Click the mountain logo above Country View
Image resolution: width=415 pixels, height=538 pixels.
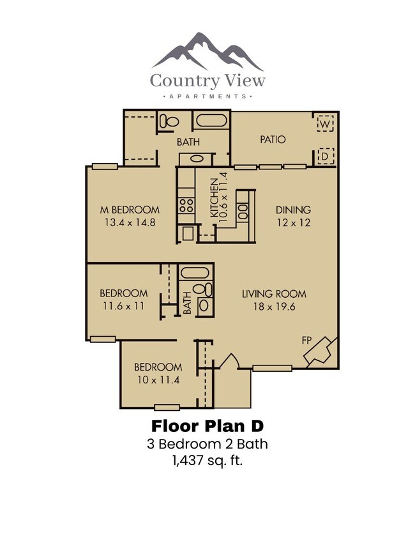click(x=207, y=52)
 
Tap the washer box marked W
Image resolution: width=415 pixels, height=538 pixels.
click(x=325, y=122)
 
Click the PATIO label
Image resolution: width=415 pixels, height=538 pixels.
click(x=273, y=139)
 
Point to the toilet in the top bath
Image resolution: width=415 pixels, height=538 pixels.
click(x=170, y=121)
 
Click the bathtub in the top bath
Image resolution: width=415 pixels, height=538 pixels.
click(x=211, y=121)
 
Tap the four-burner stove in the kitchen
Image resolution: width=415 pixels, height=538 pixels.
click(x=186, y=206)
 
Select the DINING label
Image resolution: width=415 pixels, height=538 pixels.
click(x=293, y=210)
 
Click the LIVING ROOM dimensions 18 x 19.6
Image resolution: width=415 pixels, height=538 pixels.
click(x=274, y=307)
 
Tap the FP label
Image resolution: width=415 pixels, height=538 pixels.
click(x=307, y=341)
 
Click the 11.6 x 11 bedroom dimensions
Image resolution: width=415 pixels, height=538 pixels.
click(x=123, y=306)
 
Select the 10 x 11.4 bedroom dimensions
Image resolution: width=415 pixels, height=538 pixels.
click(x=158, y=380)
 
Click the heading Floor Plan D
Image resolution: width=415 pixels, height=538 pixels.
click(x=207, y=426)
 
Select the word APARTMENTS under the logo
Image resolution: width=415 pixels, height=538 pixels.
click(x=207, y=96)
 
